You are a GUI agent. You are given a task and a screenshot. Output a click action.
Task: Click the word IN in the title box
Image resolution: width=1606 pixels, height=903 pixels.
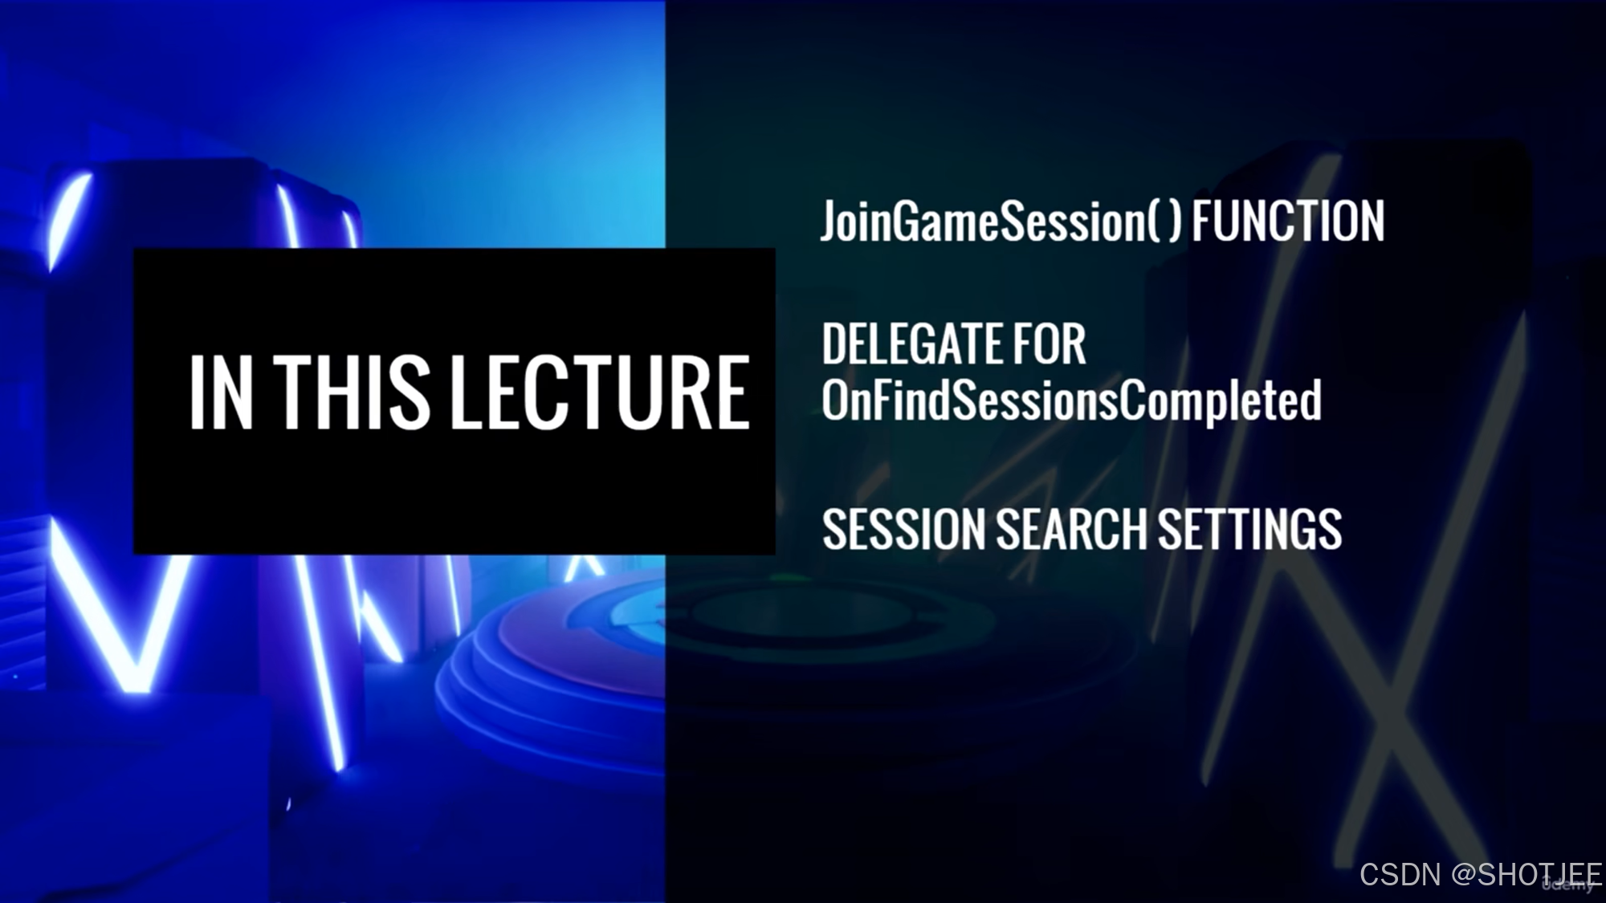222,393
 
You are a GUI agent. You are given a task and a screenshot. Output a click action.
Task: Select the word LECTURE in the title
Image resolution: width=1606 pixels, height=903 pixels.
601,393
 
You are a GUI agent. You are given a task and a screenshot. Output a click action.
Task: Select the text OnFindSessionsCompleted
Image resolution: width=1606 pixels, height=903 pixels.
1071,400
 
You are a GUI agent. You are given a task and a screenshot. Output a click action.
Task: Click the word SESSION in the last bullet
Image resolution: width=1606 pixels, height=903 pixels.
904,530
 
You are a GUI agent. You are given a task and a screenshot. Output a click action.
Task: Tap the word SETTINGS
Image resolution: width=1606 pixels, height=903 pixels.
1249,530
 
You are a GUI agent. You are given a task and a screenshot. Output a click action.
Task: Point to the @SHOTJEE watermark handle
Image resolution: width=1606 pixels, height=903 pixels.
1526,874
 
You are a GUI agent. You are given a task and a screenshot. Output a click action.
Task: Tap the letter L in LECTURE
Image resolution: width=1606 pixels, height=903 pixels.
466,393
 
